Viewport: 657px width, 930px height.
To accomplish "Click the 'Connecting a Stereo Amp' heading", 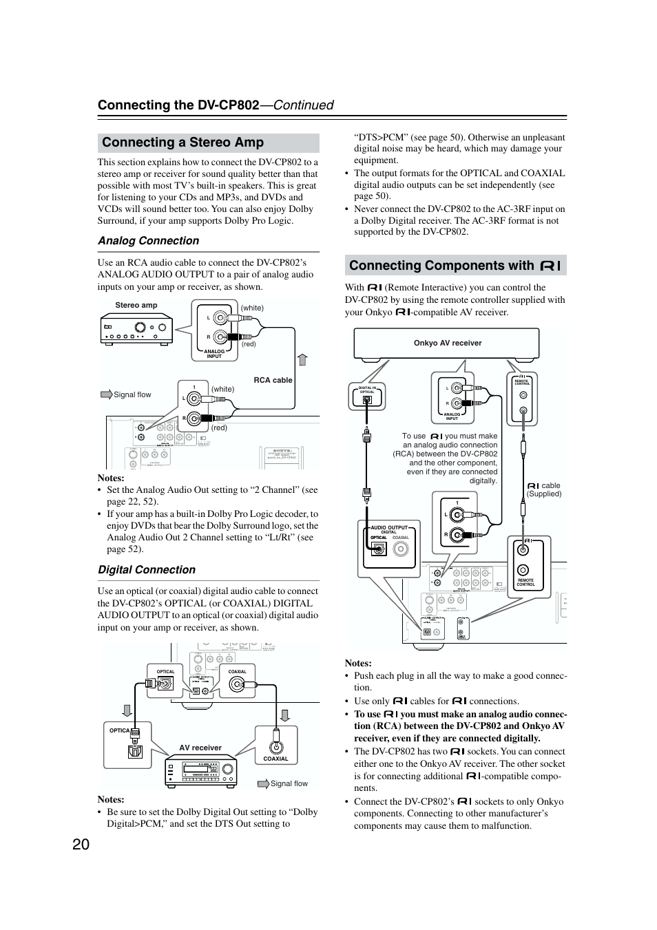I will [x=182, y=142].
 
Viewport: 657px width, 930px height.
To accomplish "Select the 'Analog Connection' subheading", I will [x=148, y=241].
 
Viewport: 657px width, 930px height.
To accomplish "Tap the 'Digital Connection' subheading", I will [x=146, y=570].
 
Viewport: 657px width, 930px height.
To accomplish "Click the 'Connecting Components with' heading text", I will [x=441, y=266].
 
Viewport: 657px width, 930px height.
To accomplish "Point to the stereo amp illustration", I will [x=136, y=328].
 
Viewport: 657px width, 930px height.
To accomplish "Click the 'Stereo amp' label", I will [x=136, y=306].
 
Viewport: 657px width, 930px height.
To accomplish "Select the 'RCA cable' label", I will [x=273, y=380].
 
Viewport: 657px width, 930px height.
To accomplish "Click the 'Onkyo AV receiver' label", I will [x=448, y=343].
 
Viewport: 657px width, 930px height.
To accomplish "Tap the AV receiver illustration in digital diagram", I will [x=200, y=771].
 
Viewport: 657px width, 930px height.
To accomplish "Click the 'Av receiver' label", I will [x=200, y=748].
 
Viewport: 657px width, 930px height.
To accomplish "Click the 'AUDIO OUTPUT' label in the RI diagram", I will [x=389, y=528].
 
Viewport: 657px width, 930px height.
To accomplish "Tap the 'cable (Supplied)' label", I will [x=544, y=489].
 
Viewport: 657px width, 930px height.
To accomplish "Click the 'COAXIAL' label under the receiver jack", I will [x=275, y=759].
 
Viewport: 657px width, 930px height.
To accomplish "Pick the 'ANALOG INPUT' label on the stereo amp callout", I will [x=214, y=354].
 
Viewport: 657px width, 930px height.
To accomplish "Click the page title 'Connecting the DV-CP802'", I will [x=178, y=105].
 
